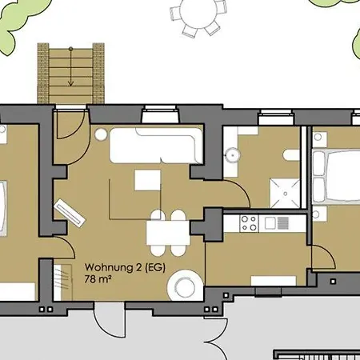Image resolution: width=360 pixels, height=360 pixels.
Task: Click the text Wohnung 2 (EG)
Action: pos(124,267)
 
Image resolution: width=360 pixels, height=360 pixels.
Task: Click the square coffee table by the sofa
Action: pos(146,181)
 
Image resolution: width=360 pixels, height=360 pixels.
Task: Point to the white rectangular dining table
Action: pos(166,233)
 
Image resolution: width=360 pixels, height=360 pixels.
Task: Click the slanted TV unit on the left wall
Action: pos(70,212)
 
